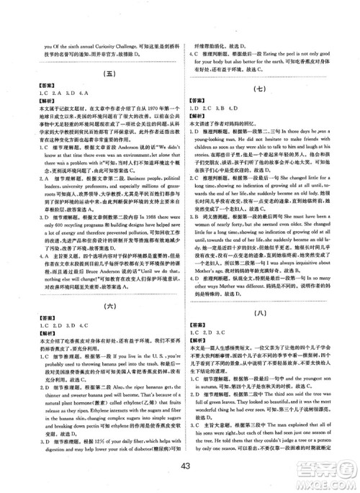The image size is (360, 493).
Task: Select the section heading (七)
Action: click(x=262, y=89)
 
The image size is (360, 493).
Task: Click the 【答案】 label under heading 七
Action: click(x=197, y=101)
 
